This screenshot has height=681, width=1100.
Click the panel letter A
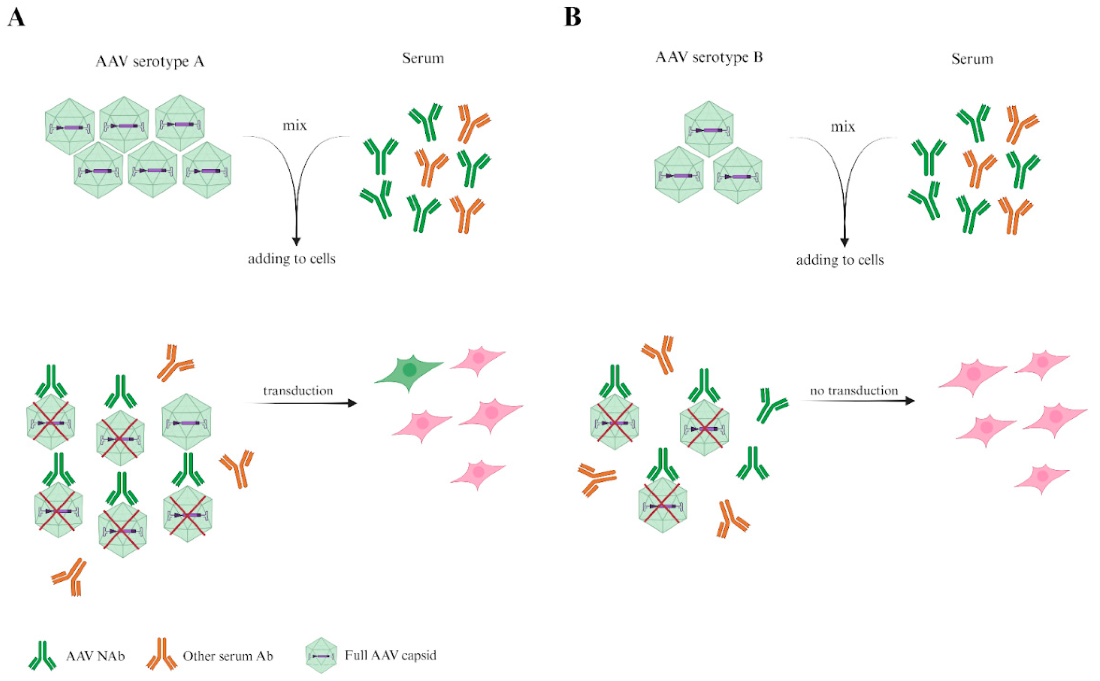(16, 18)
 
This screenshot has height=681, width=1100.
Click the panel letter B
(572, 18)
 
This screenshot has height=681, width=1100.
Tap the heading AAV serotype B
(709, 58)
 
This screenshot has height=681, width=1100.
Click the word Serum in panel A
(423, 59)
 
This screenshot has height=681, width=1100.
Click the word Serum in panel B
(972, 59)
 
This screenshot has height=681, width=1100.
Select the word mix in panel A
(294, 126)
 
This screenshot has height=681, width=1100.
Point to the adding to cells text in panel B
(840, 260)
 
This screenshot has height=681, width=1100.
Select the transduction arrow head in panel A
(353, 403)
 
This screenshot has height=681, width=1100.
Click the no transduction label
(854, 391)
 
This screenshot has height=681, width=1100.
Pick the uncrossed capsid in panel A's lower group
(186, 422)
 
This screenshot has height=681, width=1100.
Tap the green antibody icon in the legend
(43, 655)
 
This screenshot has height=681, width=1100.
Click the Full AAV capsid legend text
(390, 655)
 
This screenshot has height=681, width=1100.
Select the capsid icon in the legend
(321, 655)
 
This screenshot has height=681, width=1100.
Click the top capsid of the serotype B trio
(709, 129)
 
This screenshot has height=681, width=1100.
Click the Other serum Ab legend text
(227, 656)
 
